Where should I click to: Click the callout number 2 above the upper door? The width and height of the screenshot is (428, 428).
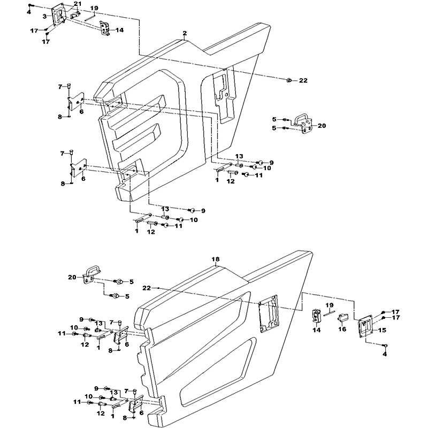185,33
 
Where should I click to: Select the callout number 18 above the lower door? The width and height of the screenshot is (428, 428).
216,259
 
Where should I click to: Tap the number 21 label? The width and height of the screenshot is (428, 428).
78,4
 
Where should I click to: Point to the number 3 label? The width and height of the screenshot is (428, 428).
45,17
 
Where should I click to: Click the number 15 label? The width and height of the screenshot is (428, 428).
383,330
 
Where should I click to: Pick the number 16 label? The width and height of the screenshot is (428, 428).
342,329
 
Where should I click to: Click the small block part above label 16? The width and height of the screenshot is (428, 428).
342,318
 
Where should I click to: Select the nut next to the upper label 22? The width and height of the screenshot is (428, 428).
289,80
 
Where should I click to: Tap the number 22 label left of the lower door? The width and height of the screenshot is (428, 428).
147,288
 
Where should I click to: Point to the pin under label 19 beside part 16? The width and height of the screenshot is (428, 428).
329,314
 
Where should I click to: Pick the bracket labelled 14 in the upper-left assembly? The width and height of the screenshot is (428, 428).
105,28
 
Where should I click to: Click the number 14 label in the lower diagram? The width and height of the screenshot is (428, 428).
317,330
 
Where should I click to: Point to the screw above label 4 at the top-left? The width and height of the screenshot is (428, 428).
30,5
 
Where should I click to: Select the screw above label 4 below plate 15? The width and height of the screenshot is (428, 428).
385,346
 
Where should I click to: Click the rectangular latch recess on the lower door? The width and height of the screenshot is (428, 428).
269,314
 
